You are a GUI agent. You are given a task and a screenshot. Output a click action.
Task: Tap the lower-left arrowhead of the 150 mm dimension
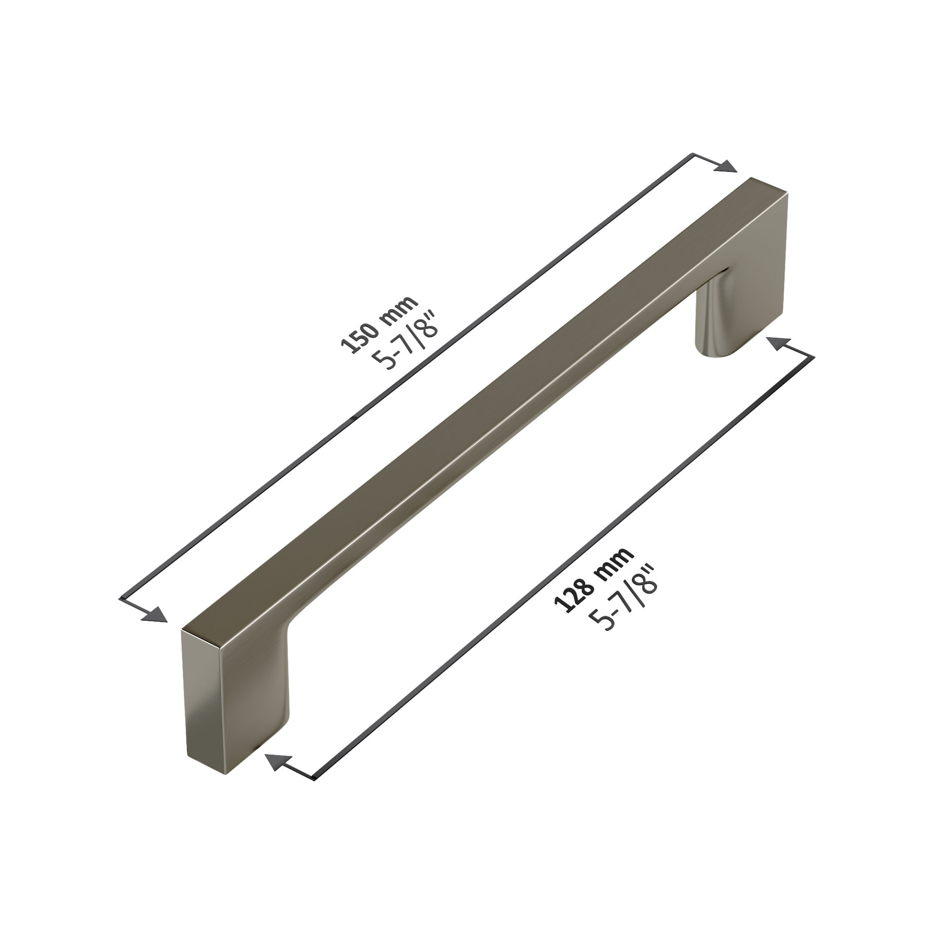click(155, 615)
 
